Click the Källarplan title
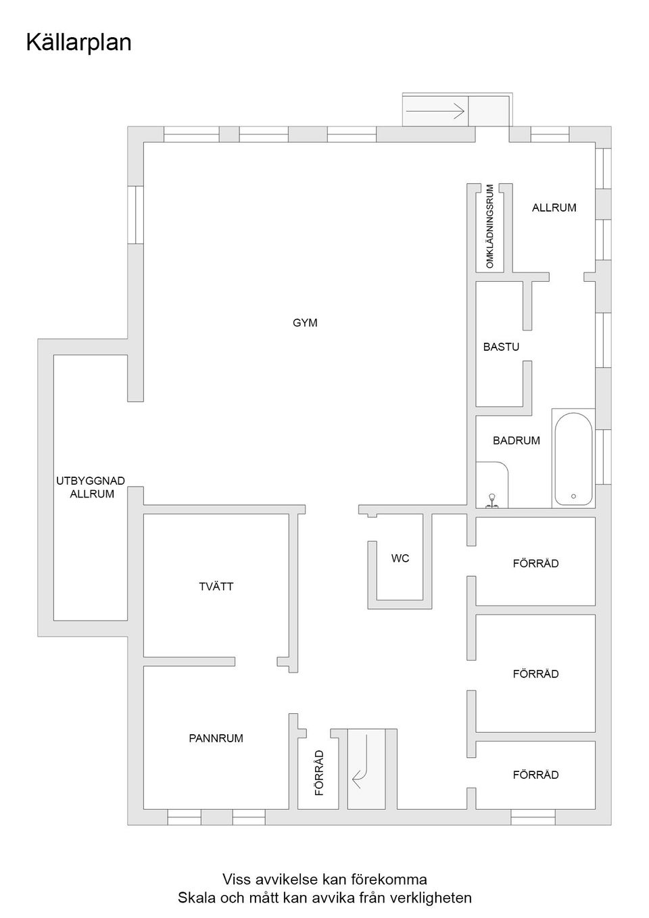(78, 43)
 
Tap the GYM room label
(305, 323)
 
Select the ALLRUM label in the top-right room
(554, 208)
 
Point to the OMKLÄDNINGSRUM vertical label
(491, 226)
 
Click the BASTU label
(501, 347)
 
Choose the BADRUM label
(516, 441)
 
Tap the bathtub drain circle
(573, 496)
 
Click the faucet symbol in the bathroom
(493, 500)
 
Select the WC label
(400, 559)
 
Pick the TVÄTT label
(216, 587)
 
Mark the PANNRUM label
(216, 739)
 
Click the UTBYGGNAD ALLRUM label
(91, 487)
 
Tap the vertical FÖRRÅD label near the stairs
(320, 772)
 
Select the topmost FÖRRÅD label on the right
(535, 564)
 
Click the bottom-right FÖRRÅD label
(535, 775)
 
